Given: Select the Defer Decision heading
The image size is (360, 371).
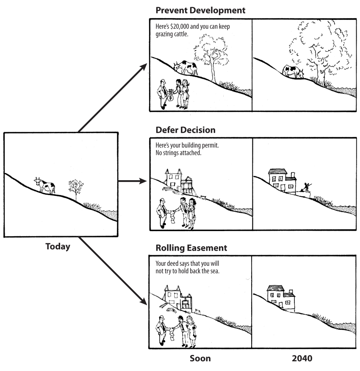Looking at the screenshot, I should [x=186, y=129].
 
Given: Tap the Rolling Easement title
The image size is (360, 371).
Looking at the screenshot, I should [x=191, y=248].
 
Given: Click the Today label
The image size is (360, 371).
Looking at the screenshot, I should [x=58, y=246].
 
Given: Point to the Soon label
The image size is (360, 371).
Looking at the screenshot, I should [x=200, y=359].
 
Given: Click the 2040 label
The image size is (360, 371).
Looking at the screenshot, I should [x=302, y=359].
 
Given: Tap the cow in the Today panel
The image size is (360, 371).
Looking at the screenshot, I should [x=45, y=185].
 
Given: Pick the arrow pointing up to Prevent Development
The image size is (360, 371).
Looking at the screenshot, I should [x=112, y=97].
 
